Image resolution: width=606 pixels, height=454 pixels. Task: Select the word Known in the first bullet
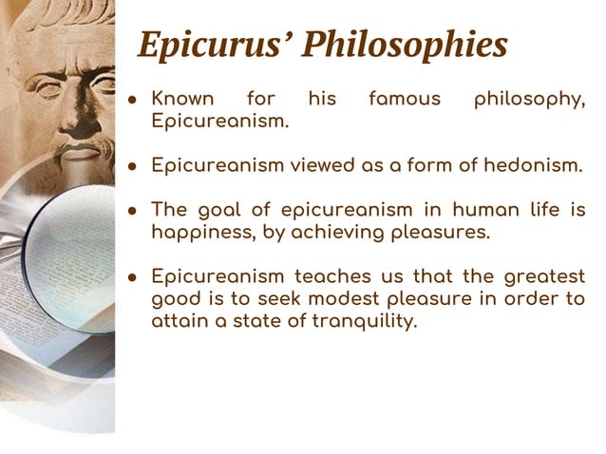[x=183, y=99]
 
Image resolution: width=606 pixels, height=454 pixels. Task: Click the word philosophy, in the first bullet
[x=530, y=100]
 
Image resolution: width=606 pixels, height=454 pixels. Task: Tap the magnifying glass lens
[x=71, y=256]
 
